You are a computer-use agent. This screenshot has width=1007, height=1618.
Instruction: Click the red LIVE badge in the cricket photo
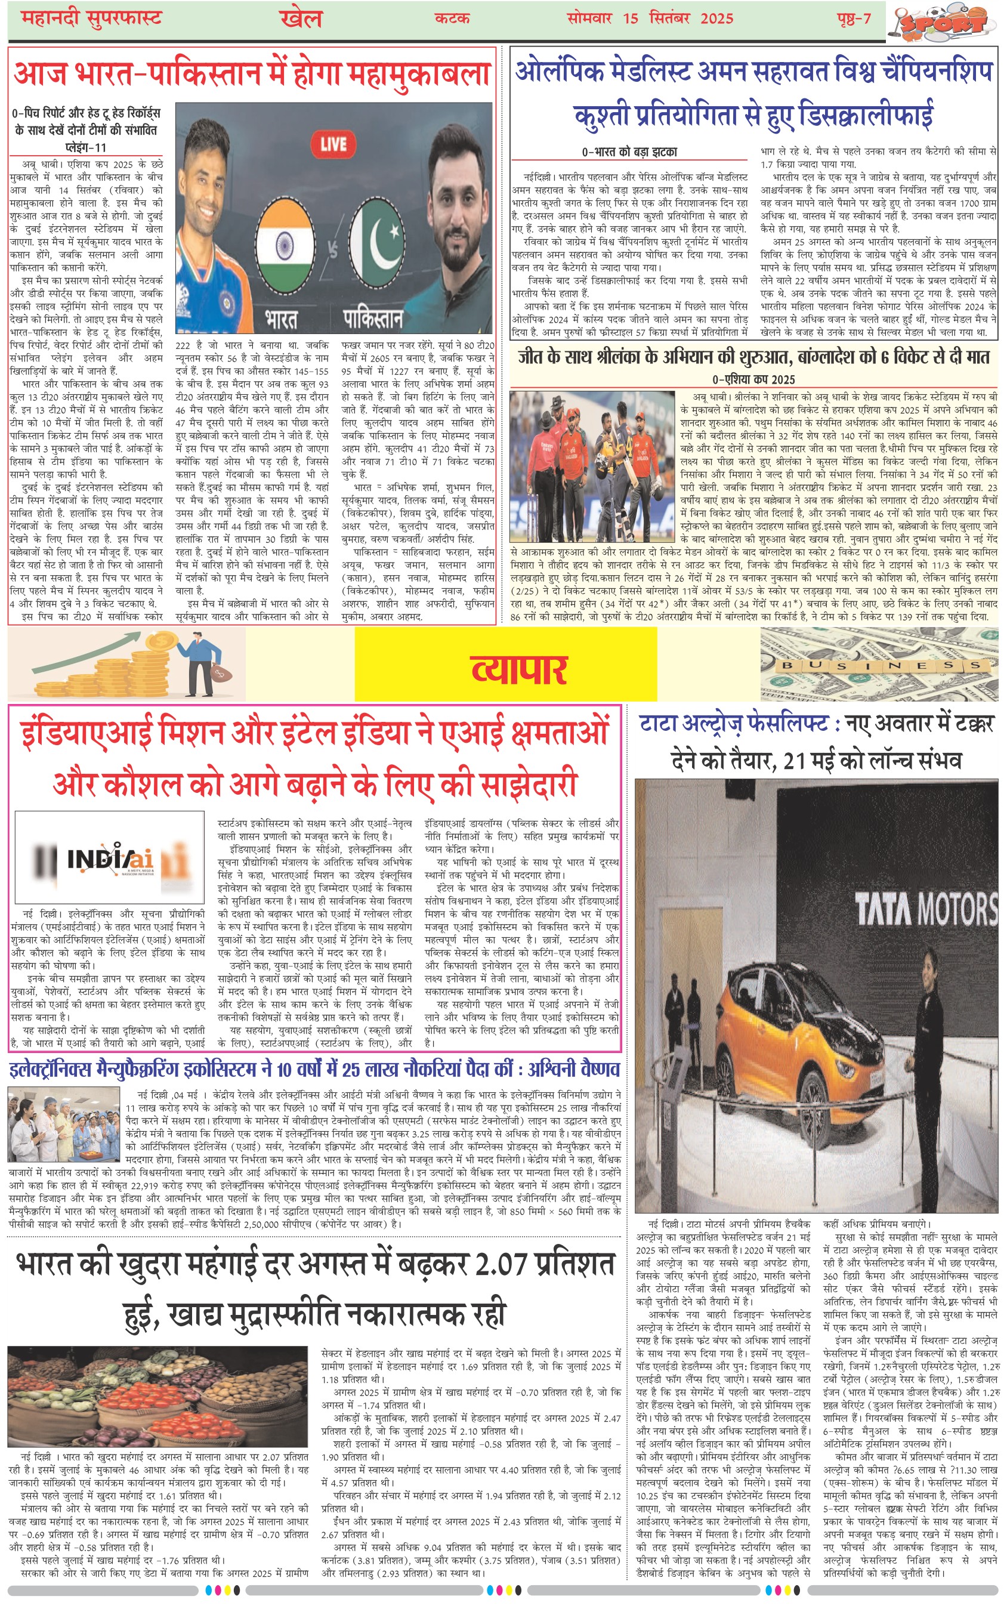click(333, 144)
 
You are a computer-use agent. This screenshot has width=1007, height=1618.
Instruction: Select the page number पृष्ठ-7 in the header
click(853, 18)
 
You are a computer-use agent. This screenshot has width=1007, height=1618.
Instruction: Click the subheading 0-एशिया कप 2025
click(753, 379)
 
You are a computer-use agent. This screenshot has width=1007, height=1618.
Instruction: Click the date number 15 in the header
click(630, 18)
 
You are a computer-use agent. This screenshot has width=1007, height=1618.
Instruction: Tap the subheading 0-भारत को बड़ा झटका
click(629, 152)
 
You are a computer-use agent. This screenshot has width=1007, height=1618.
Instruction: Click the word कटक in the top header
click(452, 18)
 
